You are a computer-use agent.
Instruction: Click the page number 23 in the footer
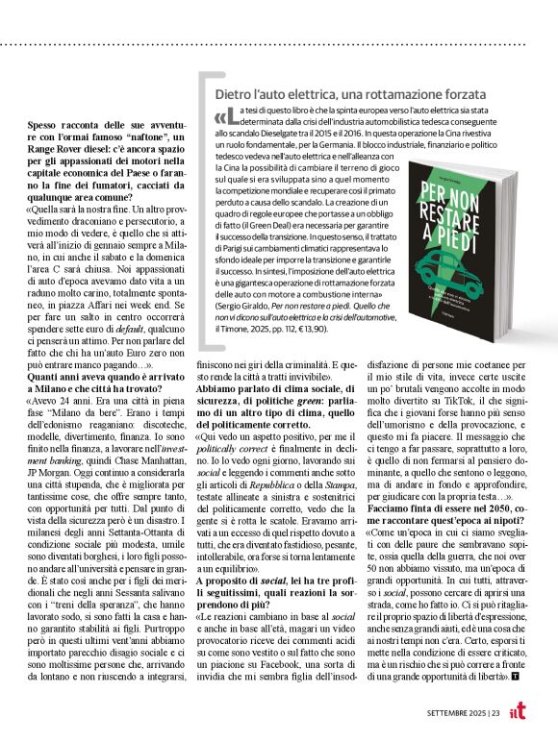495,711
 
